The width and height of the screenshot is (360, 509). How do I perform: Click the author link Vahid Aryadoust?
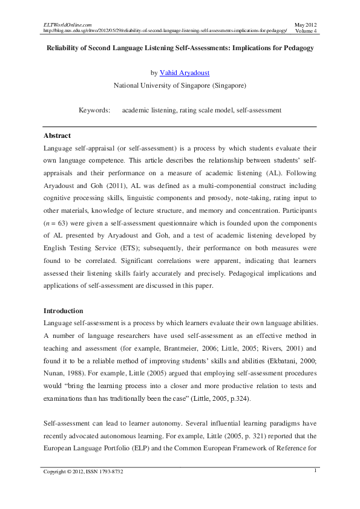click(x=184, y=73)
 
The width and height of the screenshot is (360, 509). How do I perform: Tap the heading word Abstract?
click(x=57, y=136)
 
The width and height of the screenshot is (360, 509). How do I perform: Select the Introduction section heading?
click(x=63, y=311)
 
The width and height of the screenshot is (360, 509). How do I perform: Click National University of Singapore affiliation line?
click(x=180, y=86)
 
